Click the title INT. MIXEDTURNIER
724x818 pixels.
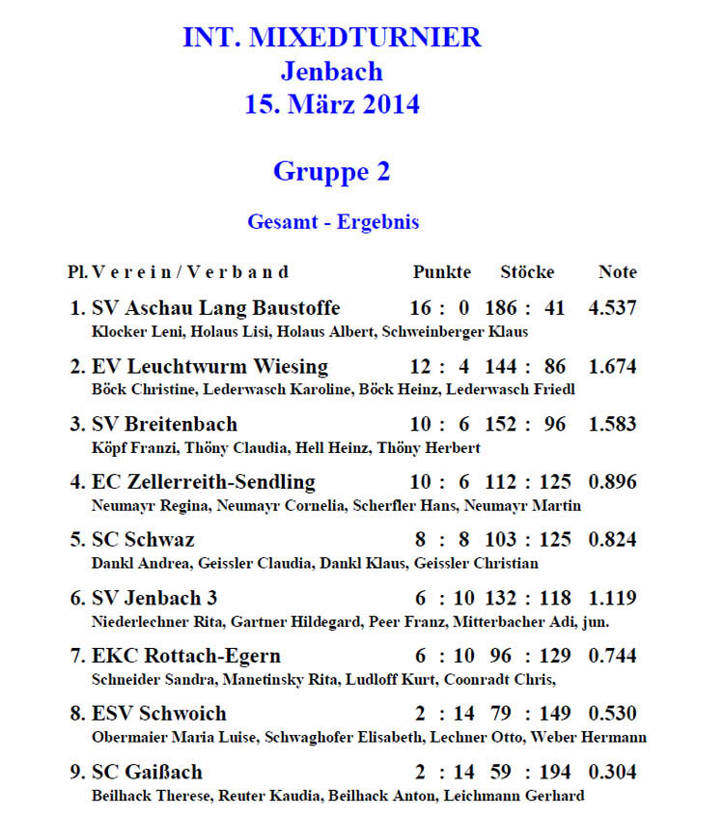(331, 39)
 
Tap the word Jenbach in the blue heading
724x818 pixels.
(331, 71)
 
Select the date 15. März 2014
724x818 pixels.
(331, 104)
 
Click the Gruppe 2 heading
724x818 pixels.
(331, 172)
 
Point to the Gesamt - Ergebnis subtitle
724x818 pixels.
(333, 222)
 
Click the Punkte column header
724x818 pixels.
(442, 272)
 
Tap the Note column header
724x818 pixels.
(618, 272)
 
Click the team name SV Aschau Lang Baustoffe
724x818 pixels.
(215, 309)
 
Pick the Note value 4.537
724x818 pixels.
(612, 309)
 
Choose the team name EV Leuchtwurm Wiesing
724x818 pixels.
(209, 367)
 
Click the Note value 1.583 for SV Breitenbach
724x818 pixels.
(612, 425)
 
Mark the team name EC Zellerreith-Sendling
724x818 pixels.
(203, 482)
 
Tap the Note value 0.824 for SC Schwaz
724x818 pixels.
(612, 540)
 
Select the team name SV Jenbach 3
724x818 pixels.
(154, 598)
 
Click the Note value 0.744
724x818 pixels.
(612, 656)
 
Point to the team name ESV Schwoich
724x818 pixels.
(159, 714)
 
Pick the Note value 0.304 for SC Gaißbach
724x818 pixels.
(612, 773)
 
